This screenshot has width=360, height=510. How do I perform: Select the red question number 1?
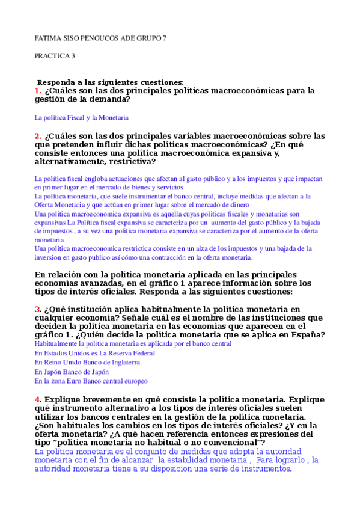coord(37,91)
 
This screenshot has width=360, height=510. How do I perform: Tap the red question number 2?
coord(37,136)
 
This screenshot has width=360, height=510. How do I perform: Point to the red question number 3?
coord(37,309)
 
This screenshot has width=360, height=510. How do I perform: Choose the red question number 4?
coord(37,399)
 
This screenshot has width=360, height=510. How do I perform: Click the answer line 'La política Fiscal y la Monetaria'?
coord(81,118)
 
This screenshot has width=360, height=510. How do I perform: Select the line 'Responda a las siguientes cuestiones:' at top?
coord(111,82)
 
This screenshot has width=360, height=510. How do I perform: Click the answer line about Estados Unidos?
coord(94,354)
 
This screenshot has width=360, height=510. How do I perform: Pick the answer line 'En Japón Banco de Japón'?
coord(76,372)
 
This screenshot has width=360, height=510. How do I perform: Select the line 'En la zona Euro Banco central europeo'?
coord(91,381)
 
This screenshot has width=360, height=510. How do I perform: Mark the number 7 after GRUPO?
coord(165,38)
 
